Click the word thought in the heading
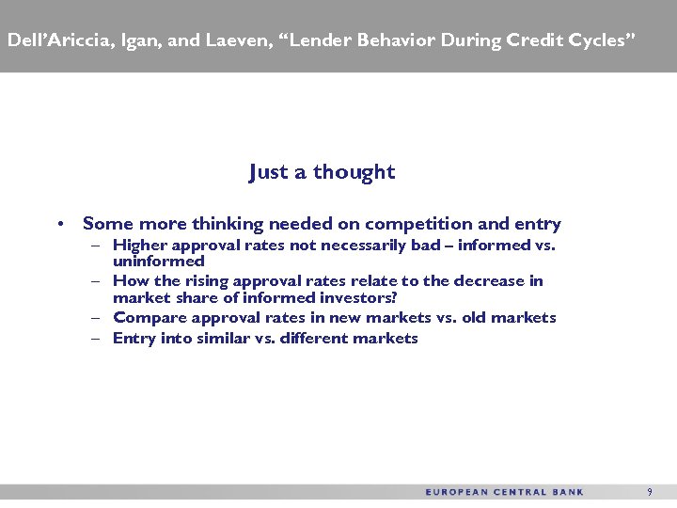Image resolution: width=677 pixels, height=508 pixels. [354, 172]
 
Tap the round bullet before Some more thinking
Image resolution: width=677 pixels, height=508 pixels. [59, 224]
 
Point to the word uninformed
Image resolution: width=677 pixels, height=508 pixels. [158, 261]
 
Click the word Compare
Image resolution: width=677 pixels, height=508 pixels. [145, 318]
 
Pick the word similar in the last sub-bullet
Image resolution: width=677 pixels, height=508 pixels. [225, 338]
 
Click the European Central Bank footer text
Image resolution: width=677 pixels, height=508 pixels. [505, 492]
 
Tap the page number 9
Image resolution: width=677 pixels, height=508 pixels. [649, 492]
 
